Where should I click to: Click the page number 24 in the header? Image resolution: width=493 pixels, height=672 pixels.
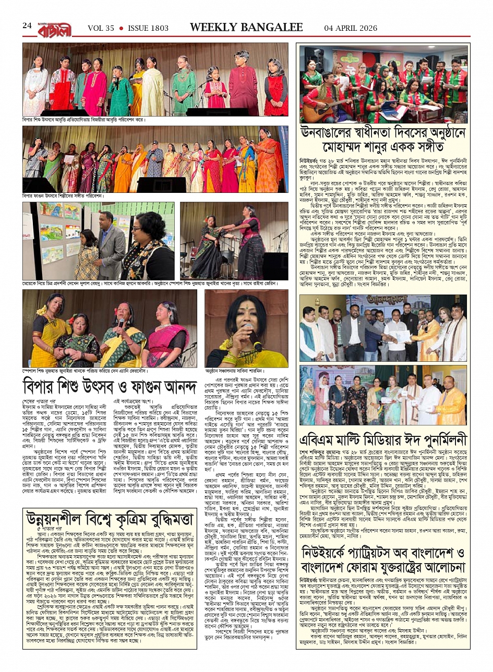coord(27,26)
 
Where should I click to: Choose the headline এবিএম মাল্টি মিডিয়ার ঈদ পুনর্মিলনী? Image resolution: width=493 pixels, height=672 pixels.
coord(383,438)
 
